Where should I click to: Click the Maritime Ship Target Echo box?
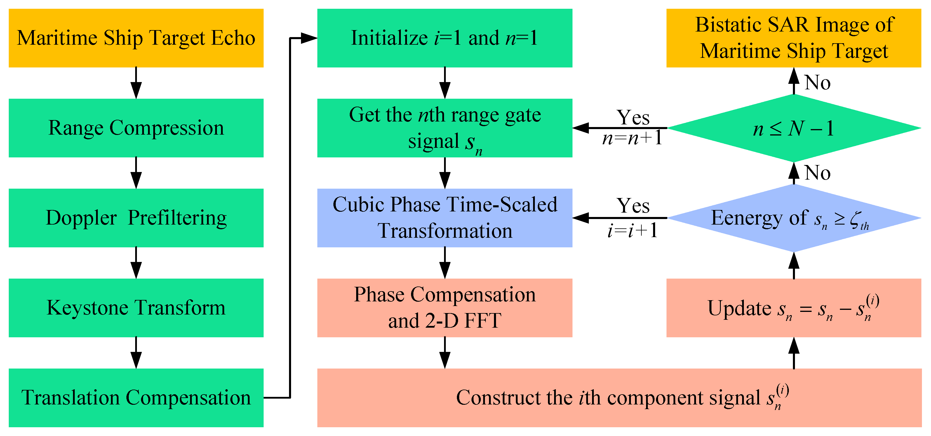[x=136, y=38]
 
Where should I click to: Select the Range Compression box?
[x=136, y=128]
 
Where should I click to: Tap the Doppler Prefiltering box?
[x=136, y=218]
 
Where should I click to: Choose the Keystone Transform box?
[x=136, y=308]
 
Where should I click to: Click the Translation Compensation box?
[x=136, y=398]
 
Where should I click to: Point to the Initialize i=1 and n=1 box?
[x=445, y=38]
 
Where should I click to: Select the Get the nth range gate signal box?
[x=445, y=128]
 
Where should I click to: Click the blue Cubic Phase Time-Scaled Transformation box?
[x=445, y=218]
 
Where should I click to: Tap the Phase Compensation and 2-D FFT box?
[x=445, y=308]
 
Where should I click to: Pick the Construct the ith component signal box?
[x=619, y=398]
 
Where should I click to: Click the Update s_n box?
[x=794, y=308]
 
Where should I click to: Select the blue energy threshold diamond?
[x=794, y=218]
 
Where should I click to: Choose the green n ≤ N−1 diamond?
[x=794, y=128]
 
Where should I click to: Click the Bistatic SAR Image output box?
[x=794, y=38]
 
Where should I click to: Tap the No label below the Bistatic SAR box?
[x=817, y=83]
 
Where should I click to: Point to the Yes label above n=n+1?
[x=633, y=117]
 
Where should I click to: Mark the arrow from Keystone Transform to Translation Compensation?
[x=136, y=353]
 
